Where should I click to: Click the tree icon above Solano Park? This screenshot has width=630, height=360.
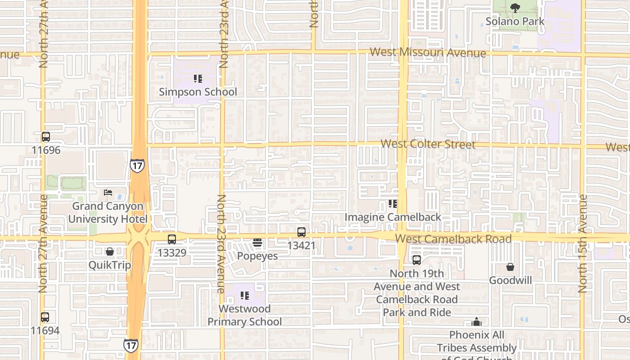[x=515, y=8]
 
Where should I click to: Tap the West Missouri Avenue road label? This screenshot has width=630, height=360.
[x=428, y=52]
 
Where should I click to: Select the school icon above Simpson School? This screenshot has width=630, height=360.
[x=198, y=79]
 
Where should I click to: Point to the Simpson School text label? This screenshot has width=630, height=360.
[x=198, y=92]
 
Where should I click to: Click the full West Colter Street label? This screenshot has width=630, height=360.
[x=428, y=144]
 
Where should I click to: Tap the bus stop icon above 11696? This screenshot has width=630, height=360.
[x=45, y=137]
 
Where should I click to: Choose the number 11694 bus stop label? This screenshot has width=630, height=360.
[x=45, y=331]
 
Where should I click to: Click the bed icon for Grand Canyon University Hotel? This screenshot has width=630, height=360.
[x=108, y=193]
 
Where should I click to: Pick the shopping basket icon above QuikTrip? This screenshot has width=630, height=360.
[x=110, y=252]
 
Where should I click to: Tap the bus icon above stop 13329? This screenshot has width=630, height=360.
[x=171, y=239]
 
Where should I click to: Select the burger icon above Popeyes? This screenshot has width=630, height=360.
[x=257, y=243]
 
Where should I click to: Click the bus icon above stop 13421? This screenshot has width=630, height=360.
[x=301, y=232]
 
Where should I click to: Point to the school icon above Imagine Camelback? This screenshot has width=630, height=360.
[x=393, y=204]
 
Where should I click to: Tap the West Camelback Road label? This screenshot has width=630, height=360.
[x=453, y=238]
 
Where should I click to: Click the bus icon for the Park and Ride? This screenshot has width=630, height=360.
[x=417, y=260]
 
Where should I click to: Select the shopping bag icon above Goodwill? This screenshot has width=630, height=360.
[x=510, y=267]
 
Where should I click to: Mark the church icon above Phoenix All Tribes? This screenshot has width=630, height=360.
[x=477, y=322]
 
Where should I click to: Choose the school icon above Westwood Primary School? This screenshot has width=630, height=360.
[x=245, y=296]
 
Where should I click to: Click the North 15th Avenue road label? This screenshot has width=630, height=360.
[x=583, y=243]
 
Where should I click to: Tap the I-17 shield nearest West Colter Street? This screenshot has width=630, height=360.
[x=137, y=165]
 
